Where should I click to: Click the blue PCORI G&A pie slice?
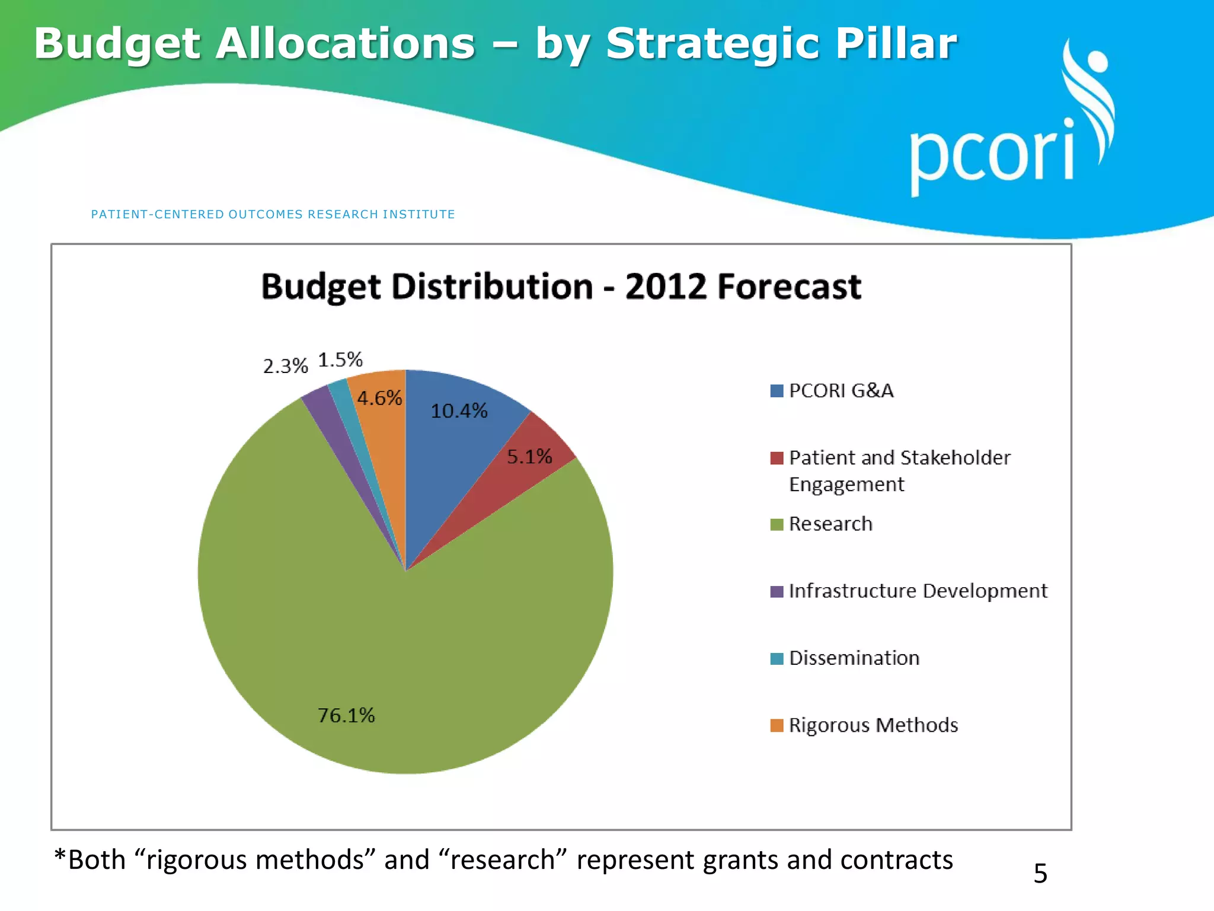click(456, 451)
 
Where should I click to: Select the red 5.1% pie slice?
click(522, 474)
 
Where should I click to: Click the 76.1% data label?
click(346, 715)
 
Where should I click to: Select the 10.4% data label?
click(459, 410)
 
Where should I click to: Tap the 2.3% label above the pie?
click(285, 366)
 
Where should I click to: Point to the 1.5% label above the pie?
click(340, 359)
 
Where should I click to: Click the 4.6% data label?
click(379, 397)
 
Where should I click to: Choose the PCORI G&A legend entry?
click(841, 391)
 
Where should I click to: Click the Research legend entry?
click(830, 524)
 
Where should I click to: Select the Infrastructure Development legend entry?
click(918, 591)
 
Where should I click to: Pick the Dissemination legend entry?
click(854, 658)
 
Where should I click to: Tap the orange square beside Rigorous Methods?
click(777, 725)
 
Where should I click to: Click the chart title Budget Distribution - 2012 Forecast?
click(561, 287)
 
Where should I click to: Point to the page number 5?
click(1040, 874)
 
